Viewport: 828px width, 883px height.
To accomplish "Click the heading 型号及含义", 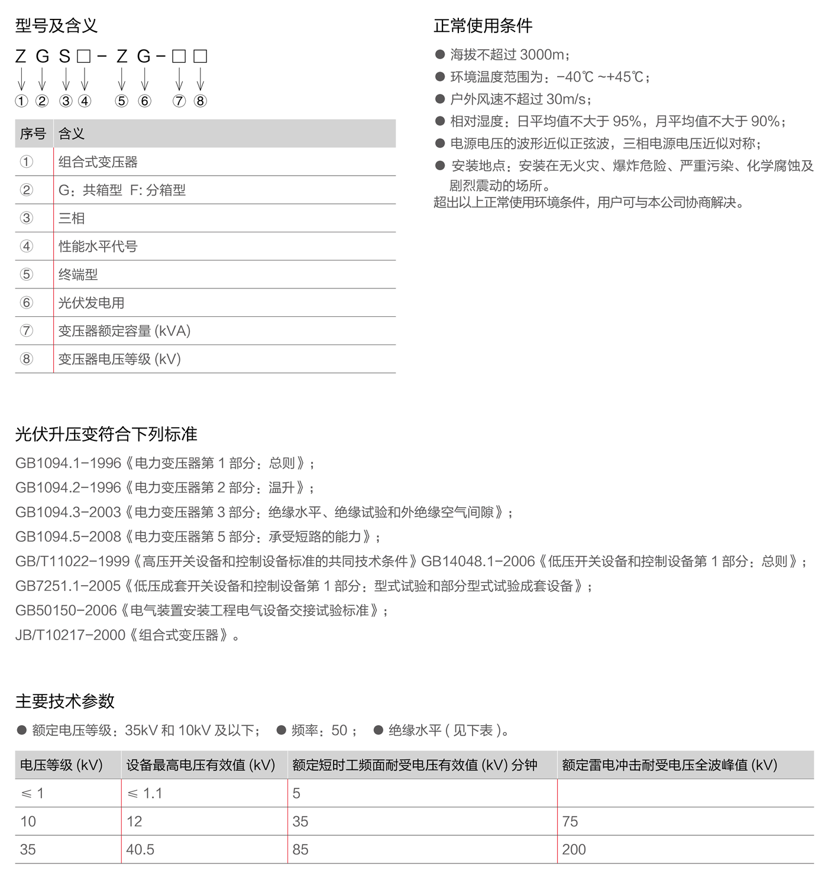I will tap(56, 25).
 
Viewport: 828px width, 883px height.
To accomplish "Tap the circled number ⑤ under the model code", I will tap(121, 101).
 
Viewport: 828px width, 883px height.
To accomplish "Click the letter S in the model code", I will tap(64, 57).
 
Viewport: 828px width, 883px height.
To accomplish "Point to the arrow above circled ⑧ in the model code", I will tap(200, 78).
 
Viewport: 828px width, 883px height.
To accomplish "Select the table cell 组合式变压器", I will tap(98, 162).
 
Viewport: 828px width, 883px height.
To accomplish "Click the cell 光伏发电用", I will tap(91, 303).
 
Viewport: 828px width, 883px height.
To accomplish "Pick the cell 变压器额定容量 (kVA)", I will tap(124, 331).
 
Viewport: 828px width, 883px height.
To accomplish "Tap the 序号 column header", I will tap(33, 134).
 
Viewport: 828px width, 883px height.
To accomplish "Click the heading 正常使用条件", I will tap(483, 25).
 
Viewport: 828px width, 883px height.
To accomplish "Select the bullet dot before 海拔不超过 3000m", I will tap(440, 55).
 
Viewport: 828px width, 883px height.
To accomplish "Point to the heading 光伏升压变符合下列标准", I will tap(106, 434).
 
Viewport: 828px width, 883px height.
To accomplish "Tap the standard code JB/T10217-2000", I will tap(70, 635).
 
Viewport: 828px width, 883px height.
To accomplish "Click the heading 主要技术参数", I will tap(64, 701).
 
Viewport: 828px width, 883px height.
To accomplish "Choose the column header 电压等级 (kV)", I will tap(62, 765).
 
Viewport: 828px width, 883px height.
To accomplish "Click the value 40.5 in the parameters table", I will tap(140, 850).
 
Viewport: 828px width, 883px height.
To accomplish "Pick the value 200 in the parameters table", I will tap(574, 850).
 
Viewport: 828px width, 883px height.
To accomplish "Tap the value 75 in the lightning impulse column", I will tap(570, 822).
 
